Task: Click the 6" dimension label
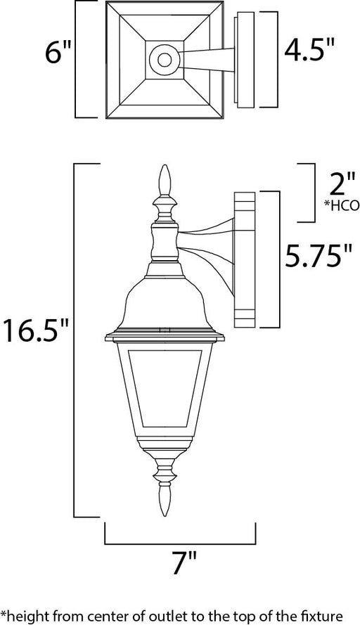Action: click(x=58, y=53)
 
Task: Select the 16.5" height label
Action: click(x=37, y=331)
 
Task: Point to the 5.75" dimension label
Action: click(x=319, y=257)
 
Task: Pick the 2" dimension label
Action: click(x=342, y=184)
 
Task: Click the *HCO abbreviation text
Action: click(x=342, y=206)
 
